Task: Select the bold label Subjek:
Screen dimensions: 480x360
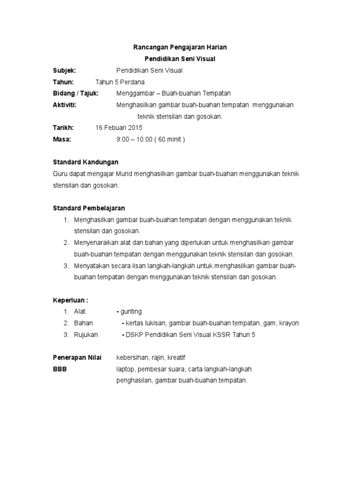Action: click(64, 70)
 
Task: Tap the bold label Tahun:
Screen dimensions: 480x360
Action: click(63, 82)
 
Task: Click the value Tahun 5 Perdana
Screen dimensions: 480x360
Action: click(120, 82)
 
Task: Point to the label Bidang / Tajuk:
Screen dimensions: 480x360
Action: click(75, 93)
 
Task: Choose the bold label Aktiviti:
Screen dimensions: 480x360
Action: click(65, 105)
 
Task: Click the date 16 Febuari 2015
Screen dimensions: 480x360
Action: click(119, 127)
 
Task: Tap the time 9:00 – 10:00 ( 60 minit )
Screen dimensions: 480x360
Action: click(150, 139)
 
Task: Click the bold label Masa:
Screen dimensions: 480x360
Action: click(62, 139)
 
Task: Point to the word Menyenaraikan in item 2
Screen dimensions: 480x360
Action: click(96, 242)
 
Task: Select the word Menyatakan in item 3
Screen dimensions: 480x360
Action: click(91, 265)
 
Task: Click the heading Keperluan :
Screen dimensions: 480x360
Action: click(70, 300)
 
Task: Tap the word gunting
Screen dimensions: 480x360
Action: click(131, 311)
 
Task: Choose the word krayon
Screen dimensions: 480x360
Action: click(289, 323)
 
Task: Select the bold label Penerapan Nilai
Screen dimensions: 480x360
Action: click(78, 358)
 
